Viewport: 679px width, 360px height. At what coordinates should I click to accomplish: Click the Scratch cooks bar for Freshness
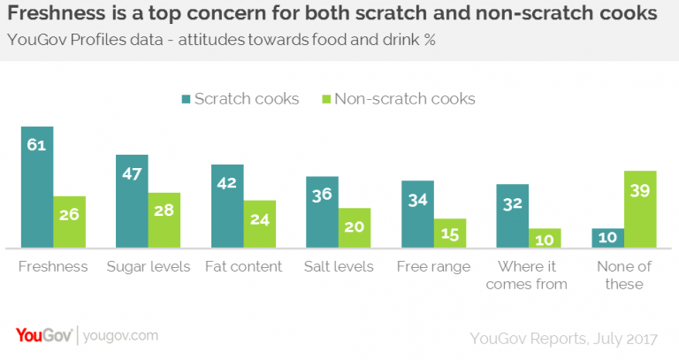37,188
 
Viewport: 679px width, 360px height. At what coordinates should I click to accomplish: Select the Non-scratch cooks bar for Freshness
69,222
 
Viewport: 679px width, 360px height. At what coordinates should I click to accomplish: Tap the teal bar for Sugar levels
132,202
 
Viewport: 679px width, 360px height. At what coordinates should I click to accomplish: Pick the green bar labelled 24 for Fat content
260,225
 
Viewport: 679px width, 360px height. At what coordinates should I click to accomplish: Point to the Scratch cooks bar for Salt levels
323,212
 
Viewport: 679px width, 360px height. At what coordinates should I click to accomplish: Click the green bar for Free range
450,233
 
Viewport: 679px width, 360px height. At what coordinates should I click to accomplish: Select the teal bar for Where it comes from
513,217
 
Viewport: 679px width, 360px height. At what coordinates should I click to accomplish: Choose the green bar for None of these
640,210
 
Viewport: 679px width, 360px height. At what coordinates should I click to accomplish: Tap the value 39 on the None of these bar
640,188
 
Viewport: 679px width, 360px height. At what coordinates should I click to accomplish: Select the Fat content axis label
243,266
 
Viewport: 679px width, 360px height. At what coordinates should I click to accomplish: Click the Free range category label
434,266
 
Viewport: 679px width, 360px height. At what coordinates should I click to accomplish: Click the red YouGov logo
44,335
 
